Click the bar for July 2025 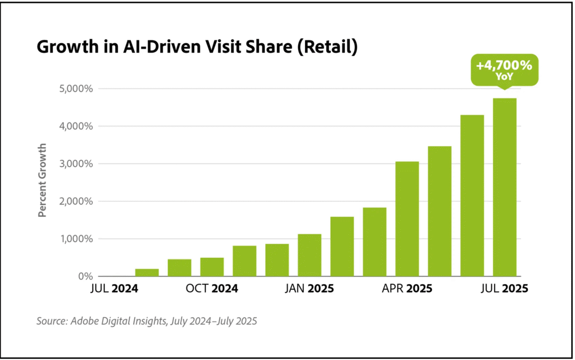click(x=504, y=187)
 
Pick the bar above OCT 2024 click(x=212, y=267)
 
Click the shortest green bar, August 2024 click(x=147, y=272)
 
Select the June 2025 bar click(x=472, y=195)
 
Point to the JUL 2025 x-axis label click(x=504, y=289)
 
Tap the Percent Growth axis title click(x=43, y=180)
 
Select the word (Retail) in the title click(x=327, y=48)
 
